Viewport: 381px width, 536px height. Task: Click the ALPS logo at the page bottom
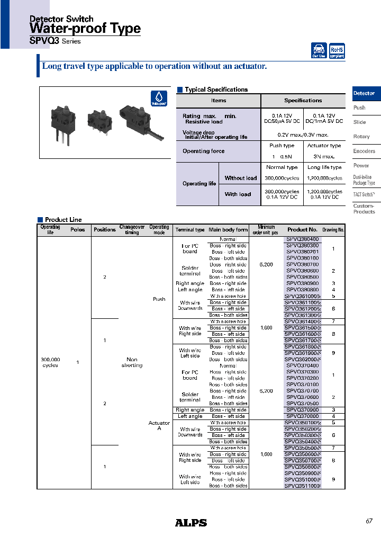tap(190, 523)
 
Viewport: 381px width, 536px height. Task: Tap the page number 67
tap(369, 521)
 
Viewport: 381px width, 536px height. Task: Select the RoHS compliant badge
tap(337, 51)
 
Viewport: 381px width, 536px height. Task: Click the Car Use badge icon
tap(319, 51)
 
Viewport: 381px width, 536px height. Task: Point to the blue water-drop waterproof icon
tap(158, 98)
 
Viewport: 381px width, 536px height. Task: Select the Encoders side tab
tap(364, 151)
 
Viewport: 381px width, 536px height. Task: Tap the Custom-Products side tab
tap(364, 209)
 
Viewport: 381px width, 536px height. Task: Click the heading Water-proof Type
tap(85, 29)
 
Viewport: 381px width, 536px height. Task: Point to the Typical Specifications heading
tap(216, 90)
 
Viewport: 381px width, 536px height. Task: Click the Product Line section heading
tap(63, 219)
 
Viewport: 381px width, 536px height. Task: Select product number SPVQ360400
tap(302, 239)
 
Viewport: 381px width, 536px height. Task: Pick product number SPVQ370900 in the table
tap(302, 410)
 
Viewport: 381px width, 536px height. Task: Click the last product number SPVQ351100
tap(302, 486)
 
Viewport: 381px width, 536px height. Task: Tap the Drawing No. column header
tap(333, 230)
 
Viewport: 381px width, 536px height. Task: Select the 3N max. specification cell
tap(324, 157)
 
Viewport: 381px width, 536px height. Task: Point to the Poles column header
tap(78, 230)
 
